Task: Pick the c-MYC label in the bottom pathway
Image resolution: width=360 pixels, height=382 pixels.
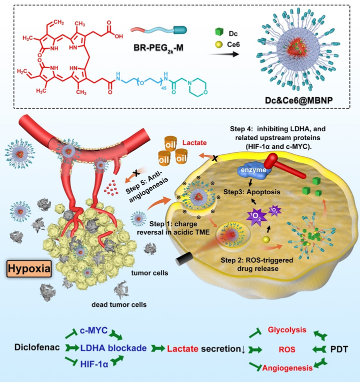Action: (93, 332)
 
